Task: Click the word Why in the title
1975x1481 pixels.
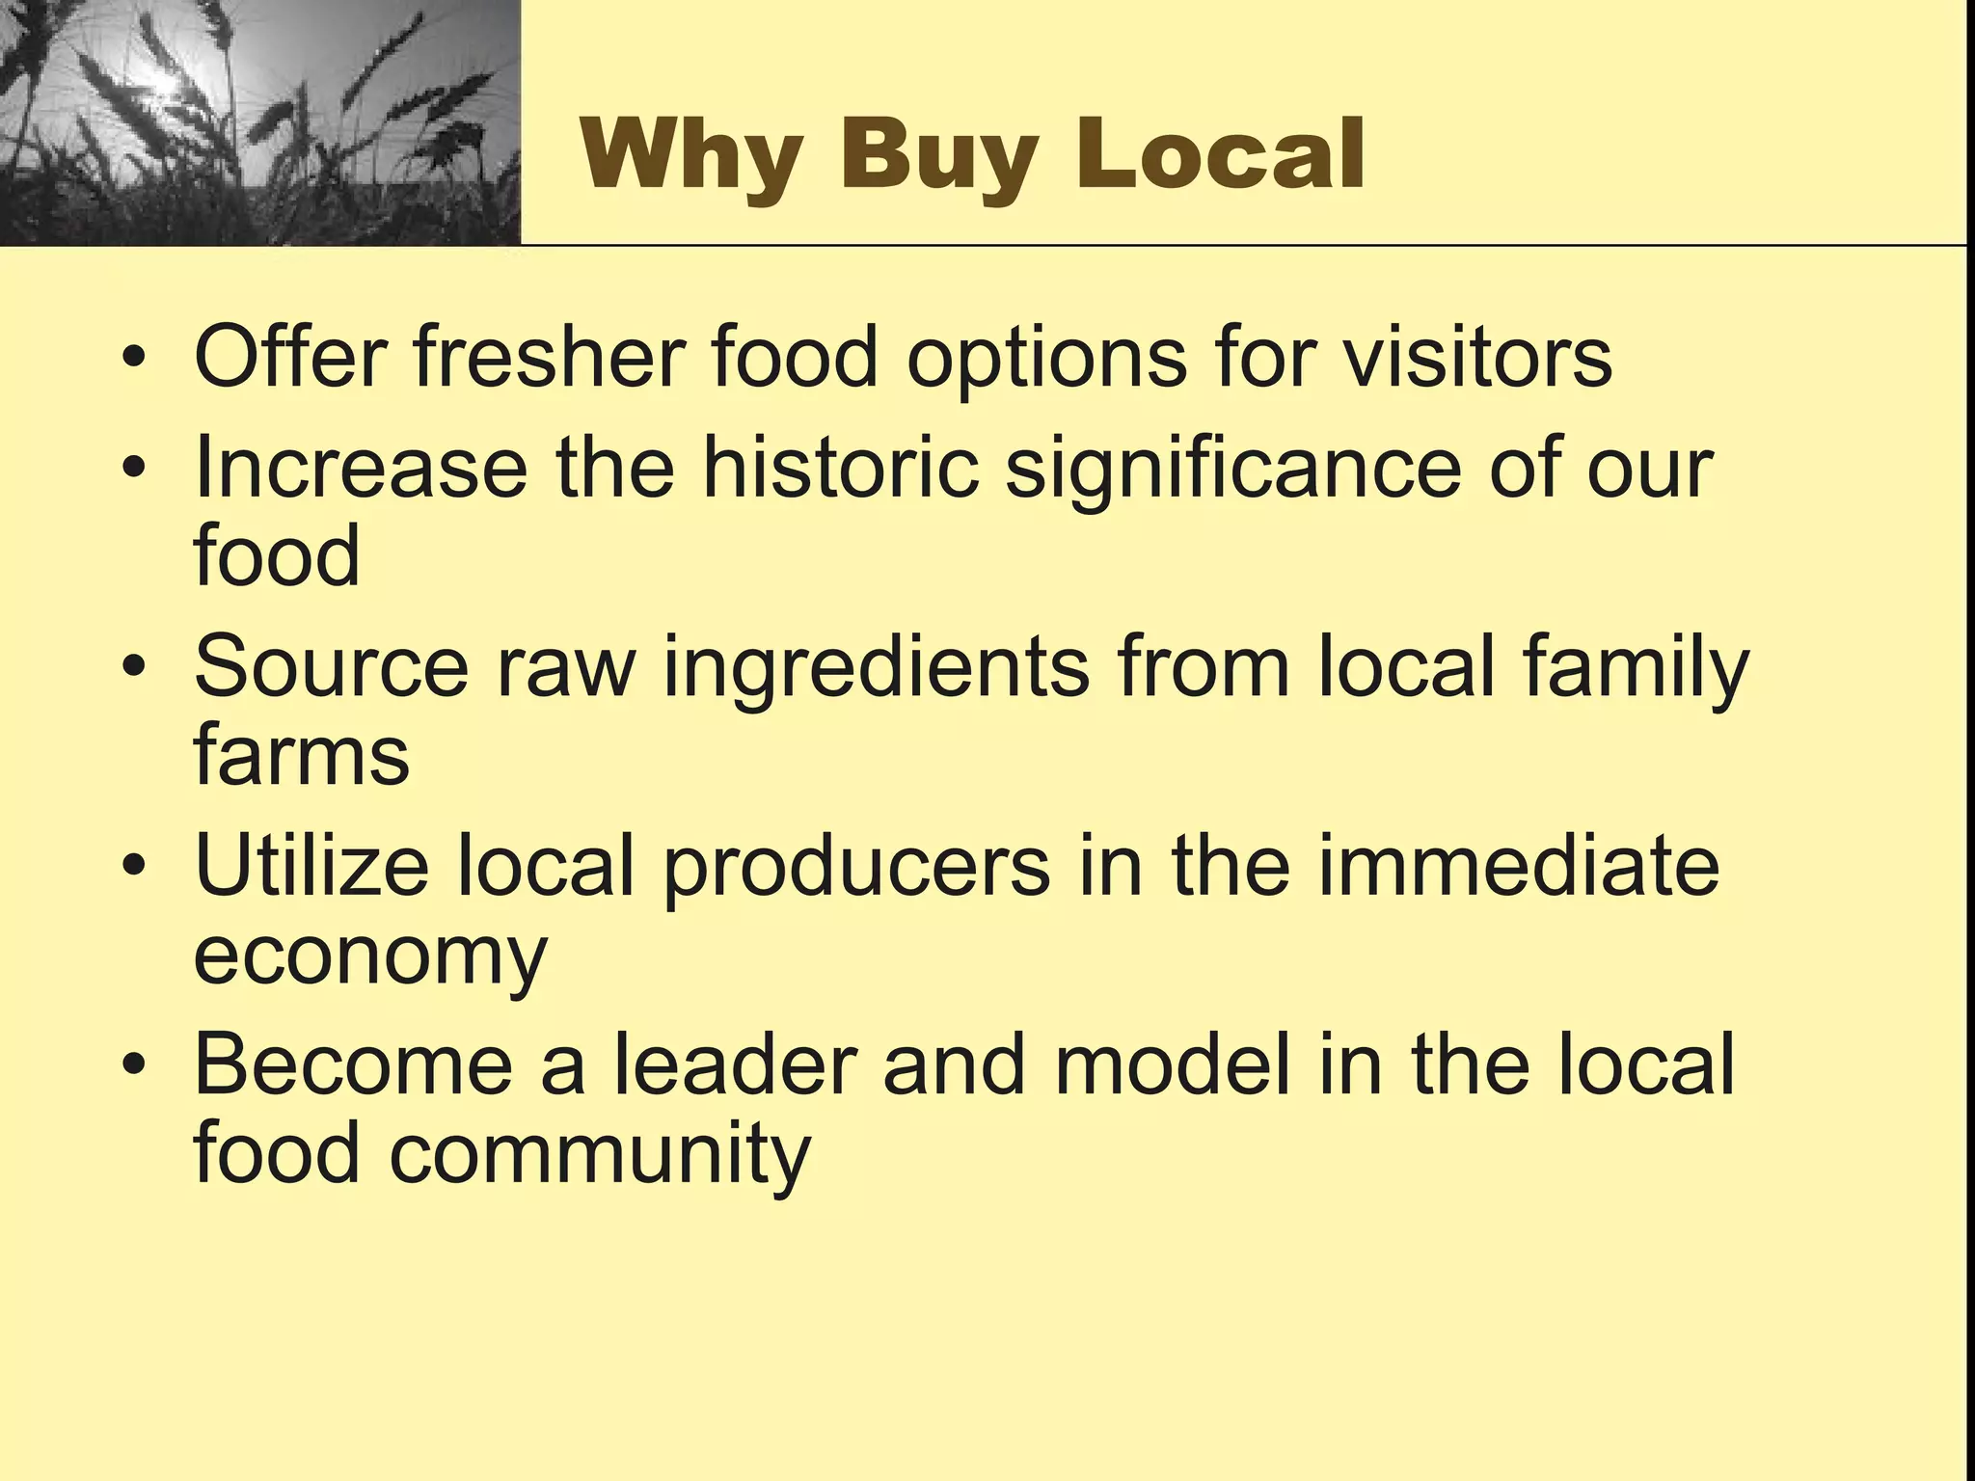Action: click(690, 154)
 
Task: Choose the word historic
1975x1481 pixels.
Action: click(839, 468)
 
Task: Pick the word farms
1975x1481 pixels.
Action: click(302, 755)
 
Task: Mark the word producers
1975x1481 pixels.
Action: click(857, 868)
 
